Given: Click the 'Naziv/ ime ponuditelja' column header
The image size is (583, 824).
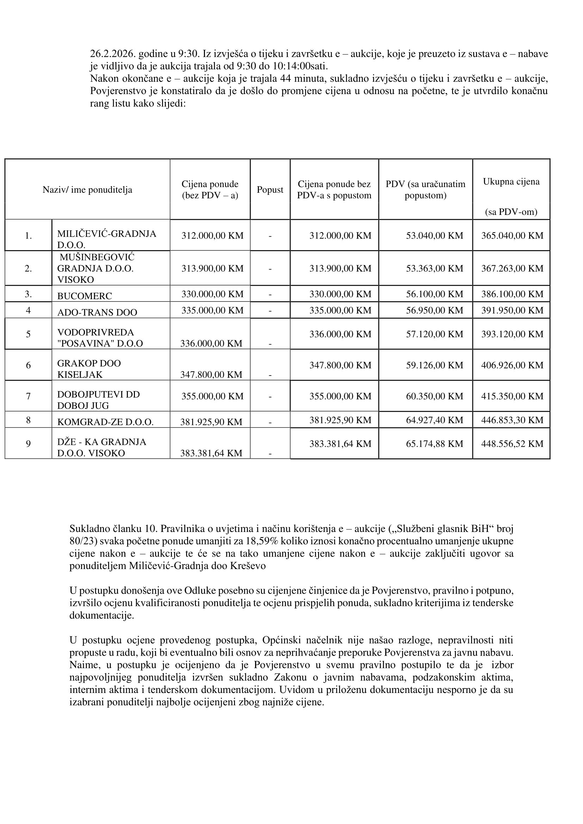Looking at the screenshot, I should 87,190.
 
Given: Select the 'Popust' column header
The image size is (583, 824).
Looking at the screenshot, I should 270,190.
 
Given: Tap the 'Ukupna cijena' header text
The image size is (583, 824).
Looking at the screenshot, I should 511,182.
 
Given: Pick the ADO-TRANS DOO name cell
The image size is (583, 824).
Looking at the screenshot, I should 97,312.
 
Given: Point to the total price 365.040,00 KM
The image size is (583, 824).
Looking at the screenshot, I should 512,236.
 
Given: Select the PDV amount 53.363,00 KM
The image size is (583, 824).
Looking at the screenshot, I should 434,268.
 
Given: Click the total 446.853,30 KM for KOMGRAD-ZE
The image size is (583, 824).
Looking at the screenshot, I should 512,420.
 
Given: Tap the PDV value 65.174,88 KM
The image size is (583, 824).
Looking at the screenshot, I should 434,444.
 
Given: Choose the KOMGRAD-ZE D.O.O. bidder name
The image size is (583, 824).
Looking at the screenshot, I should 105,422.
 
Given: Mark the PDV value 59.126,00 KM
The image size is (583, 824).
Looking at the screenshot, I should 434,365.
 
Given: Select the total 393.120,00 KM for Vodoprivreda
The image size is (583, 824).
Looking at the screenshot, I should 512,334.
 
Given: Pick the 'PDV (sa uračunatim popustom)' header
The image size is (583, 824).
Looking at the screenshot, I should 426,190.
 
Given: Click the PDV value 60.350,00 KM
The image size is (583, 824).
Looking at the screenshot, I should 434,396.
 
